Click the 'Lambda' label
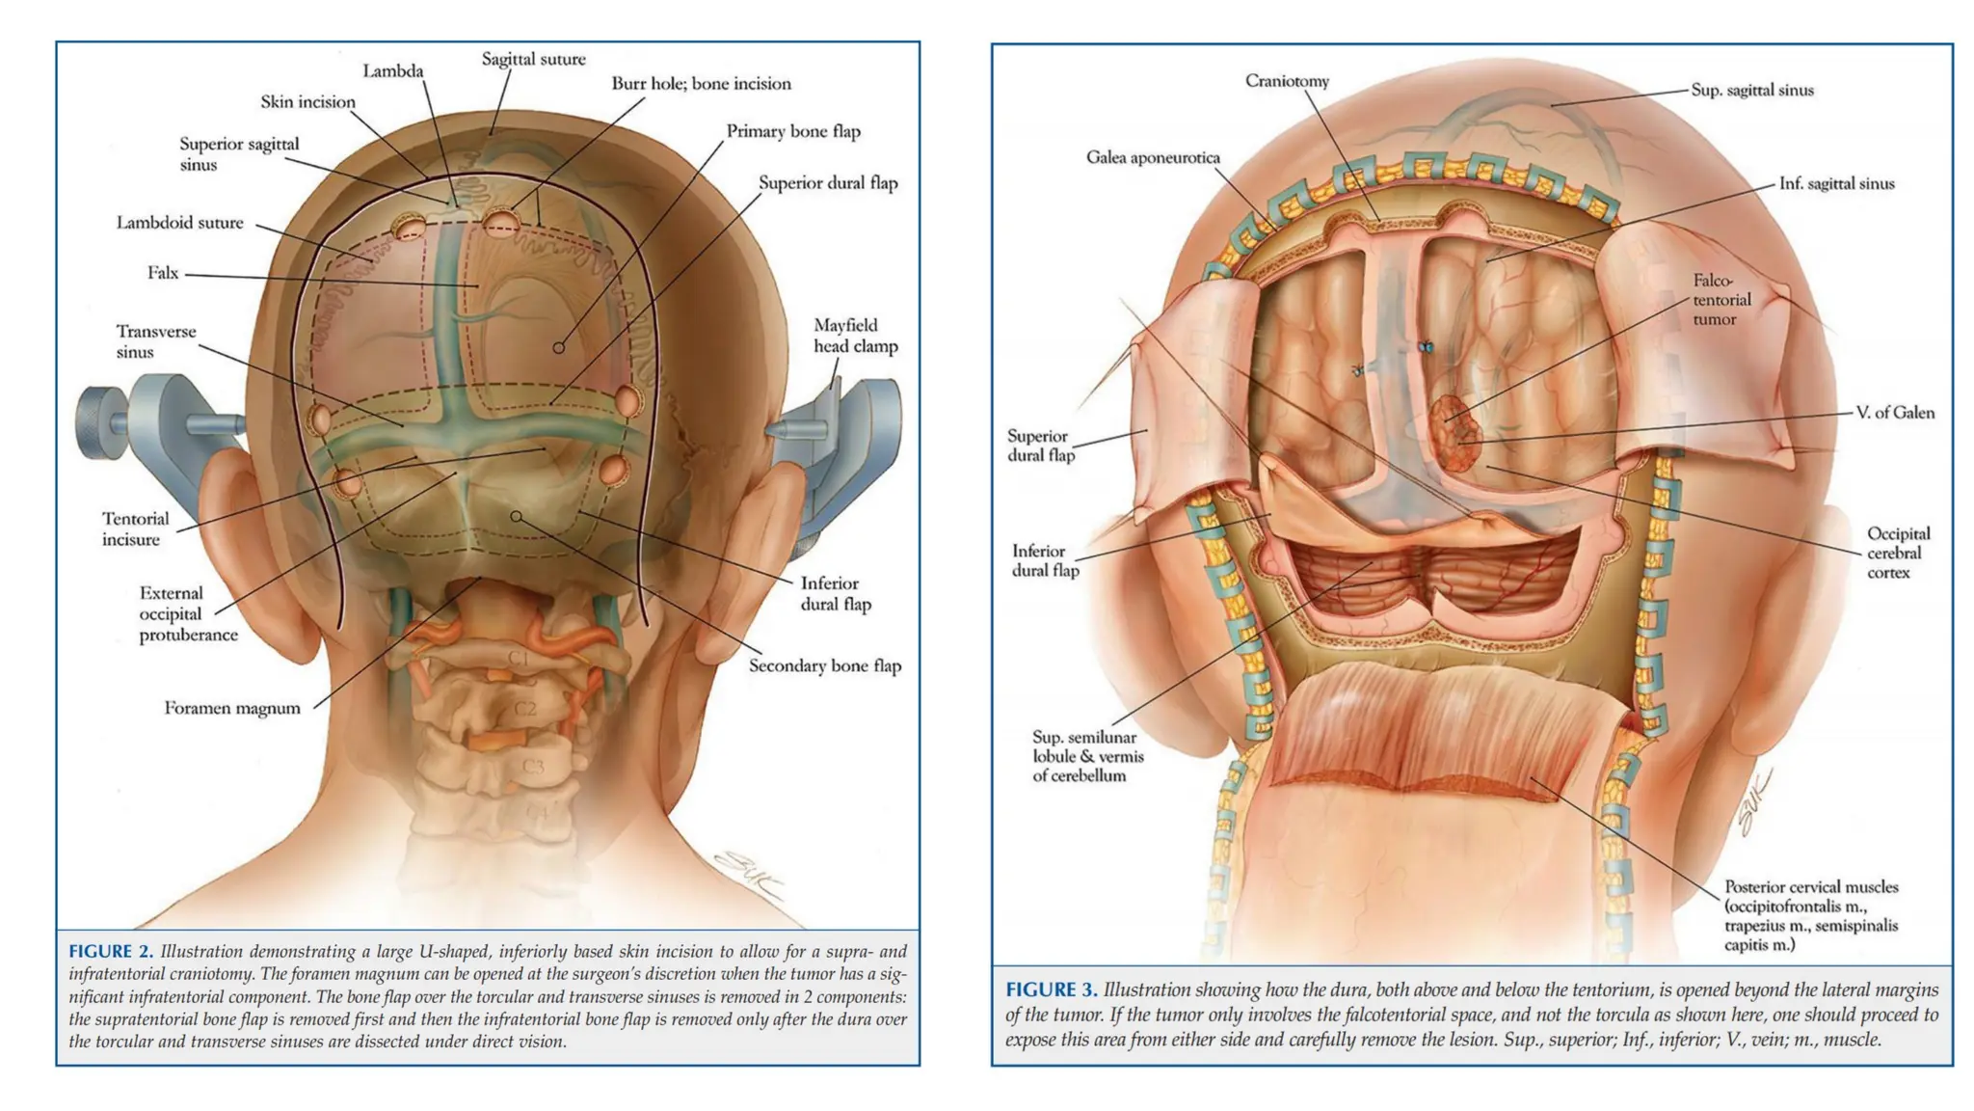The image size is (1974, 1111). tap(392, 71)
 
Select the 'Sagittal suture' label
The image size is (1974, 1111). tap(533, 60)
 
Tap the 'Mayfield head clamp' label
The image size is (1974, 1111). tap(855, 336)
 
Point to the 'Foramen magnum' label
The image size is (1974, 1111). tap(231, 708)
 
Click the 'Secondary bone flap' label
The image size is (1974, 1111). tap(824, 665)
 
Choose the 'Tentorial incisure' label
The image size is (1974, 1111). tap(135, 528)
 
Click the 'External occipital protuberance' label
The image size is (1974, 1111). tap(187, 613)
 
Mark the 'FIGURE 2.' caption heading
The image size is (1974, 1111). tap(110, 952)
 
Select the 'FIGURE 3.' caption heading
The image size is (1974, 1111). tap(1051, 990)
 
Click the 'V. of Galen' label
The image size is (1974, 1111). tap(1894, 413)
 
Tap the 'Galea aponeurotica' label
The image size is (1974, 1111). tap(1152, 157)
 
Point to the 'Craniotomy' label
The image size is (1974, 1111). tap(1286, 81)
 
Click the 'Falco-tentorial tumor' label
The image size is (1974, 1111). tap(1721, 300)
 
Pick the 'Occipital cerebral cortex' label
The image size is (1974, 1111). tap(1897, 553)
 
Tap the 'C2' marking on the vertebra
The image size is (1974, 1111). tap(524, 709)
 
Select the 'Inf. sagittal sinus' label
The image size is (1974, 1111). tap(1835, 183)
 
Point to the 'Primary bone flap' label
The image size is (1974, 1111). tap(792, 131)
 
